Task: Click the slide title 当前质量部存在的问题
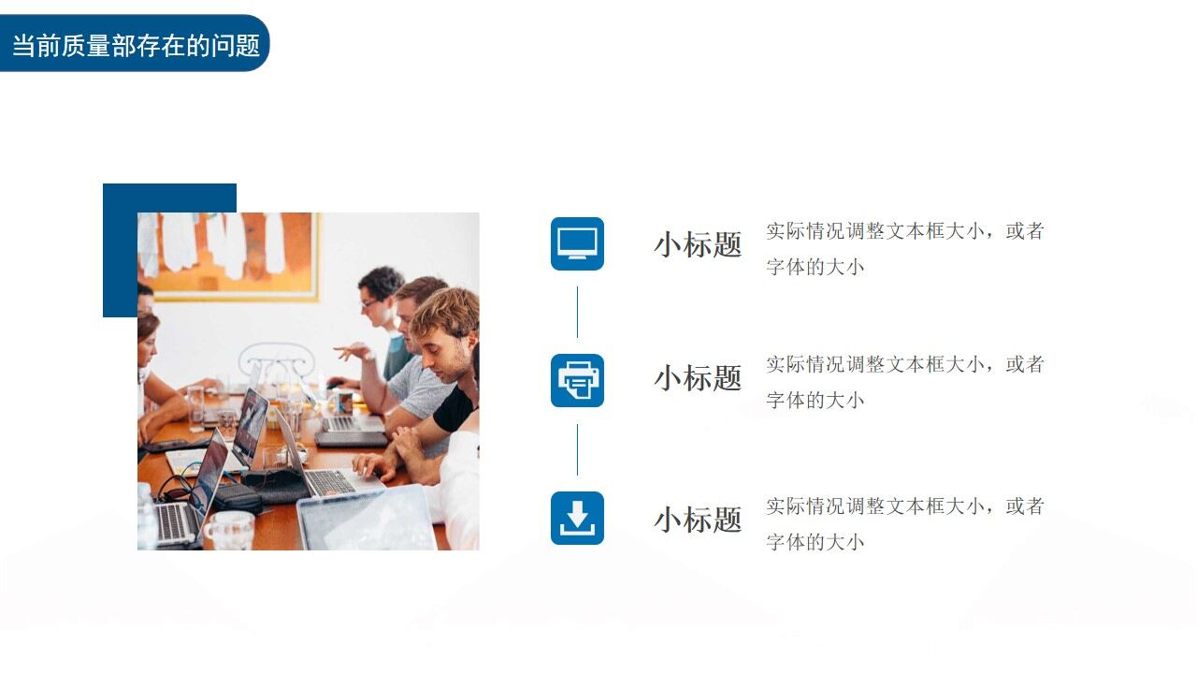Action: point(135,44)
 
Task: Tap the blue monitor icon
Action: point(577,243)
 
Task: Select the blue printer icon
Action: point(577,380)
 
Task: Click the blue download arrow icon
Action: point(577,518)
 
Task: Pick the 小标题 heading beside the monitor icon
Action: point(698,245)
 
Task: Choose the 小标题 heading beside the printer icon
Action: point(698,379)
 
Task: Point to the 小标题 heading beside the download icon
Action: point(698,520)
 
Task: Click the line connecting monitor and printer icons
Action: point(577,312)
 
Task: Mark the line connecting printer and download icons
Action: point(577,449)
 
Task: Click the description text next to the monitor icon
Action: point(904,248)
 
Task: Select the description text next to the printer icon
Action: point(904,382)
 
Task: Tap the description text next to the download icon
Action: point(904,524)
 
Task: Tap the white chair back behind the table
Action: point(276,360)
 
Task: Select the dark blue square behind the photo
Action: point(120,248)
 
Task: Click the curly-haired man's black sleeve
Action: point(454,410)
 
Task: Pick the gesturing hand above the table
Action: point(352,352)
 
